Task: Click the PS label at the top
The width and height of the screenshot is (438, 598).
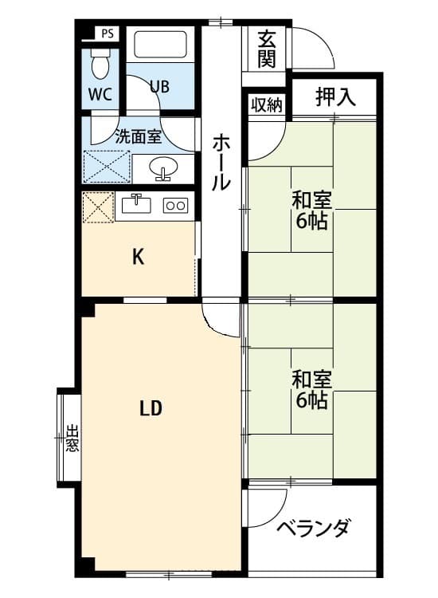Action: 108,33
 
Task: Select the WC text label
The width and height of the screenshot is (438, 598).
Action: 100,93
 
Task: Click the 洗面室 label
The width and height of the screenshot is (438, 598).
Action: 139,136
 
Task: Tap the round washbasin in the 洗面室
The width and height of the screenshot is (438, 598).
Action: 164,168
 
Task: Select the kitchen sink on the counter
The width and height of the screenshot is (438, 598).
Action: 138,203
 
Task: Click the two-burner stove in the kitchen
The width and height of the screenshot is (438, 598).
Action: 175,206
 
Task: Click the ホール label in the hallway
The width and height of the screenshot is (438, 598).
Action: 221,163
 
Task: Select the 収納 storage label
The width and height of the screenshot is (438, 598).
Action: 266,104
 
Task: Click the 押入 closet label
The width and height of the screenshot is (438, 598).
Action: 334,97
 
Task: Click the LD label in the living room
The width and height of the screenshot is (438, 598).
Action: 151,409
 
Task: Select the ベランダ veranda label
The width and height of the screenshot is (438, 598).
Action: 313,528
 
